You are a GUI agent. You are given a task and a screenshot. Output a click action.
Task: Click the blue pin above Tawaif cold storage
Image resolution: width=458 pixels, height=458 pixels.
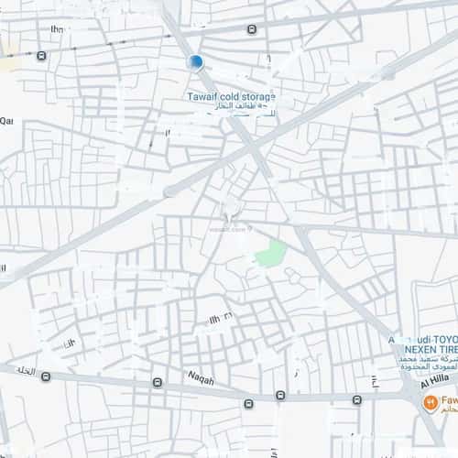click(x=194, y=61)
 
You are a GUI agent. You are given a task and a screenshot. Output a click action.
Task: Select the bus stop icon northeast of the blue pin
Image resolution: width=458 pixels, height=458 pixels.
click(x=252, y=29)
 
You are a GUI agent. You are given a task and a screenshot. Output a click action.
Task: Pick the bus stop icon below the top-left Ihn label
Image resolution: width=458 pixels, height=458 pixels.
click(x=42, y=55)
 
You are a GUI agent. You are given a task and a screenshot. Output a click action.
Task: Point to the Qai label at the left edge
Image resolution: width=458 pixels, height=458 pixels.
click(x=6, y=120)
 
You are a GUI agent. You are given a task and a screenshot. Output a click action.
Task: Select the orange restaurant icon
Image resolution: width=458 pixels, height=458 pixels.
click(x=428, y=402)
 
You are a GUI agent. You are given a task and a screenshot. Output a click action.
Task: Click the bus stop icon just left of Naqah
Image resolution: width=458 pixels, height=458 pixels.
click(x=158, y=381)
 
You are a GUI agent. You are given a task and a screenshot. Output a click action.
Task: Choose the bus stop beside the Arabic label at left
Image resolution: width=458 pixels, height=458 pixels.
click(x=46, y=376)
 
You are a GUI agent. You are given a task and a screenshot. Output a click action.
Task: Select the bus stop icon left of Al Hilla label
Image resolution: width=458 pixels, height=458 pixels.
click(x=356, y=399)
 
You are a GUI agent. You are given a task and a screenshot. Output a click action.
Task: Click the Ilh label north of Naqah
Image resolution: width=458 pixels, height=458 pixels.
click(x=220, y=317)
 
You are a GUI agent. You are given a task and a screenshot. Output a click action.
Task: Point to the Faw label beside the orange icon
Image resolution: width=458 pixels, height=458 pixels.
click(x=449, y=401)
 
